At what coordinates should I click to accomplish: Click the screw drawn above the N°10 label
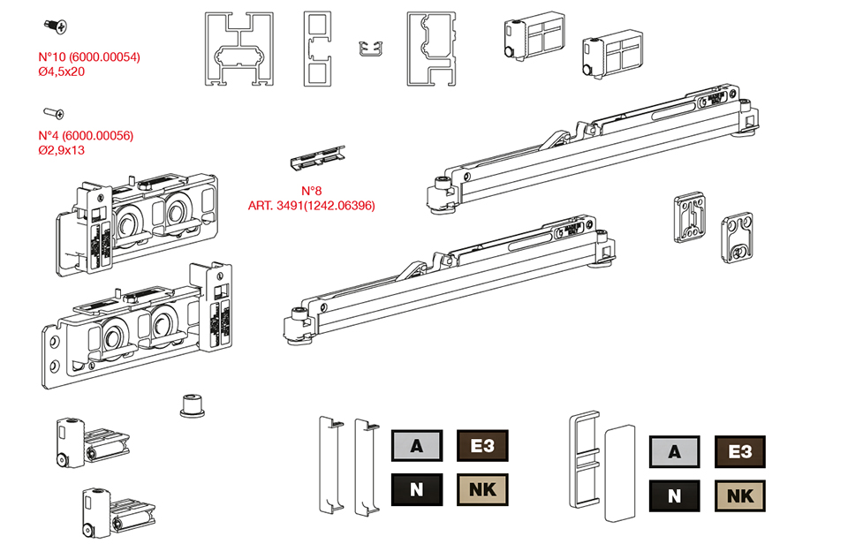pos(56,27)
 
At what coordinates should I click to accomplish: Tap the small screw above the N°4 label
pos(54,113)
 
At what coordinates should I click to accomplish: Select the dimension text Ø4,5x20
pos(62,72)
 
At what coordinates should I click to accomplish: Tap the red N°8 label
pos(312,191)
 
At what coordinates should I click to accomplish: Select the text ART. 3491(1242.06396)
pos(312,206)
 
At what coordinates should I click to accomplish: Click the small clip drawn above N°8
pos(317,157)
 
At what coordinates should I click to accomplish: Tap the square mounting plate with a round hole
pos(737,234)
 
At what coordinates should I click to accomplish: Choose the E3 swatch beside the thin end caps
pos(482,446)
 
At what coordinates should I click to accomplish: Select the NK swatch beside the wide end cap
pos(739,496)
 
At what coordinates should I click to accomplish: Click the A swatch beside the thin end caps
pos(416,446)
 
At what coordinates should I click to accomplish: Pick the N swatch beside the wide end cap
pos(674,496)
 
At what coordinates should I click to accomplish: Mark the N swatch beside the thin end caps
pos(416,488)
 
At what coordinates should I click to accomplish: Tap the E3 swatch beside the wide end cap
pos(739,452)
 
